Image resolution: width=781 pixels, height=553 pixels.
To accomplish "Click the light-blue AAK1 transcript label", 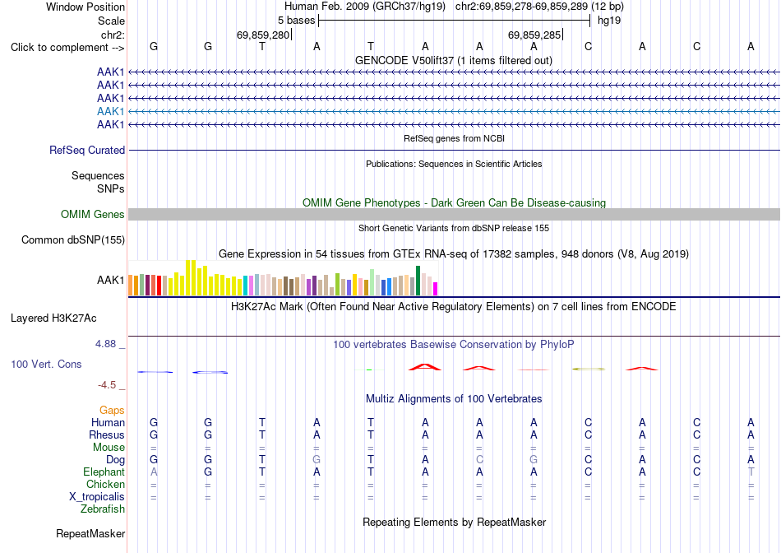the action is (x=111, y=111).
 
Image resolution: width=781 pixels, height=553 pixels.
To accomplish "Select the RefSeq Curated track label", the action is (x=87, y=150).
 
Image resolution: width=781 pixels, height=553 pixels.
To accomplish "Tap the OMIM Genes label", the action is (x=93, y=215).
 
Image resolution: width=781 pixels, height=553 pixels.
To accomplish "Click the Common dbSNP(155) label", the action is (x=73, y=239).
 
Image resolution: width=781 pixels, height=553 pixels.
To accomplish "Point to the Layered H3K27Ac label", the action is (x=53, y=318).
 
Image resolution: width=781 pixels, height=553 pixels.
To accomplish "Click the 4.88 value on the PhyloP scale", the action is (x=105, y=344).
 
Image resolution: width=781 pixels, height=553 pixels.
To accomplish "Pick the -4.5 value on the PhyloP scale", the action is (x=107, y=385).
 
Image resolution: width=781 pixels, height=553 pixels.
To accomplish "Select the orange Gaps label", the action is (x=112, y=410).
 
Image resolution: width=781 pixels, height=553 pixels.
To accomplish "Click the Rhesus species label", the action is (x=107, y=434).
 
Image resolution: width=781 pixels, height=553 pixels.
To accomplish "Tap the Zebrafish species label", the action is (x=103, y=509).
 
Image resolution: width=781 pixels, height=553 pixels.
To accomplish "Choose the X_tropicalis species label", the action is (x=97, y=497).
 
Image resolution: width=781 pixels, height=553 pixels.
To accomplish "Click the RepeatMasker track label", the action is (x=90, y=533).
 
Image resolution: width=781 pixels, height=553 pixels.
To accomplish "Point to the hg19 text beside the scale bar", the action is (x=609, y=21).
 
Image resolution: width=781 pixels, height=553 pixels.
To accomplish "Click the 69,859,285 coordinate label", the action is (x=534, y=35).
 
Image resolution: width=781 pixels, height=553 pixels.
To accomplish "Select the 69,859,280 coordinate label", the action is (x=263, y=35).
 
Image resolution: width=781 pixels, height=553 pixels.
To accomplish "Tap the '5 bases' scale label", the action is (x=296, y=21).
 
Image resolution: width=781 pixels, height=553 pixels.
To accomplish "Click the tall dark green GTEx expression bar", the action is (x=418, y=281).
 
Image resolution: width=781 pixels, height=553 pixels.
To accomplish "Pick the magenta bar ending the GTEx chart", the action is (x=436, y=289).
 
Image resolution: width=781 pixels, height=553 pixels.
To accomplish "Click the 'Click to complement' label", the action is (x=67, y=48).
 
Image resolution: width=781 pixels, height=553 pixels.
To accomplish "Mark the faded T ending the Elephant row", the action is (x=751, y=472).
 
